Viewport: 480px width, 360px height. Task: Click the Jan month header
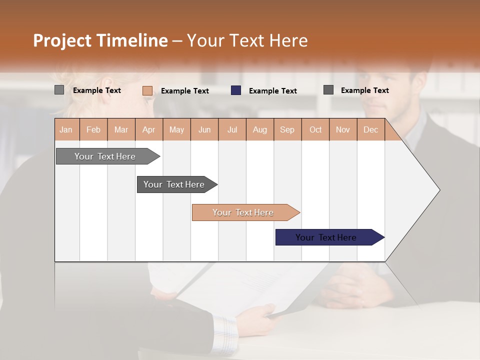66,129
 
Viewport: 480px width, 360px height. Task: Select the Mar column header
121,129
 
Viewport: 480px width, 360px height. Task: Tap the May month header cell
176,129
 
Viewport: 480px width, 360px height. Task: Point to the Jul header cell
232,129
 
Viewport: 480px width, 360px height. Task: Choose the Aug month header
259,129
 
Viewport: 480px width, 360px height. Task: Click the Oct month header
315,129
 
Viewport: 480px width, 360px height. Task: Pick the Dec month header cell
370,129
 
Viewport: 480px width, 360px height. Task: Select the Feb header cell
93,129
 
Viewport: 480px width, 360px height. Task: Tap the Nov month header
342,129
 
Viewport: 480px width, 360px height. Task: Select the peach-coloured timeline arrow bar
243,212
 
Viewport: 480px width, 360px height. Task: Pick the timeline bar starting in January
105,156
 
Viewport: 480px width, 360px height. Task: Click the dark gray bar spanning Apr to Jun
174,184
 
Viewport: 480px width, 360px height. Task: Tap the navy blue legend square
236,90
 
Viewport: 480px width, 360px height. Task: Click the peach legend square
147,90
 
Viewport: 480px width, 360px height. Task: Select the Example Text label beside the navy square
272,90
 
